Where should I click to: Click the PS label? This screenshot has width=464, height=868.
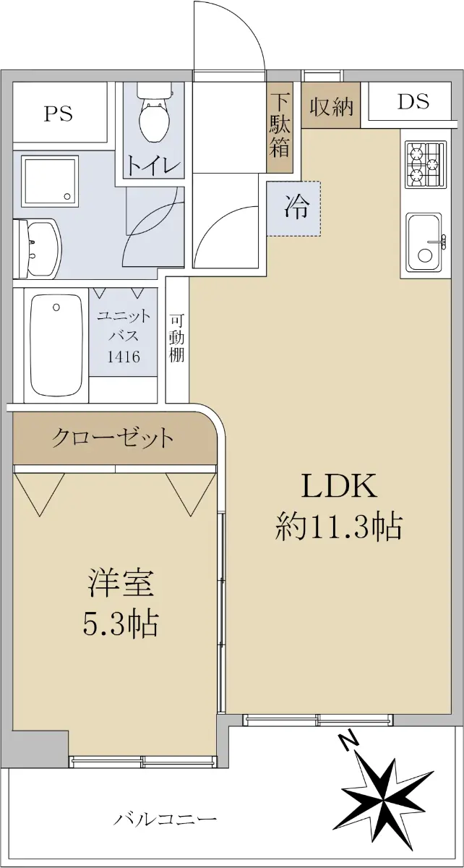[58, 114]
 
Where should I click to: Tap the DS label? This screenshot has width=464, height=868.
[413, 101]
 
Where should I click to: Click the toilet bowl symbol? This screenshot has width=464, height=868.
[154, 112]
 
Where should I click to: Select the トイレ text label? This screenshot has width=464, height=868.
[154, 166]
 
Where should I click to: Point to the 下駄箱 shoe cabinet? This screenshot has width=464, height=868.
[280, 127]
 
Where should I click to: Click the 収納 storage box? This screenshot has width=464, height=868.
[331, 105]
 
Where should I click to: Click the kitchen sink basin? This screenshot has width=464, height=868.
[424, 242]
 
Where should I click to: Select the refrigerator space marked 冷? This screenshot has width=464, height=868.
[293, 208]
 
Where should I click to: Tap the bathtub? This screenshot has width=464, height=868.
[56, 345]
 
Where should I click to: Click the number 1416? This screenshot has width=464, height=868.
[124, 357]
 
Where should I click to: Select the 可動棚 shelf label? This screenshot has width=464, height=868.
[176, 339]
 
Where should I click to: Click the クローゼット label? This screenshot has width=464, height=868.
[112, 438]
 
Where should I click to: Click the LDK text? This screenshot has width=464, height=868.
[339, 486]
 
